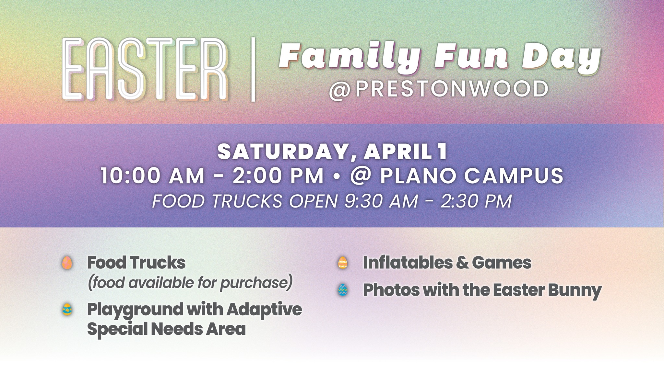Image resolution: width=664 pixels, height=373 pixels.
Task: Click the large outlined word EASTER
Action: (145, 69)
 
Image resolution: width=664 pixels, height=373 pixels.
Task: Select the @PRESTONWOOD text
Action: (439, 89)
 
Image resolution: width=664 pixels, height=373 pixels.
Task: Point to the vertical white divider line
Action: (253, 69)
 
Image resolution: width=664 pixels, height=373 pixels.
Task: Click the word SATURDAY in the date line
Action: (287, 152)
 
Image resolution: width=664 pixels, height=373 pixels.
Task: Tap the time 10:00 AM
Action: (153, 176)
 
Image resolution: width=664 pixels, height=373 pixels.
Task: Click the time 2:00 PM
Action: (278, 176)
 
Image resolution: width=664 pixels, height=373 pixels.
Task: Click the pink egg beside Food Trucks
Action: (67, 263)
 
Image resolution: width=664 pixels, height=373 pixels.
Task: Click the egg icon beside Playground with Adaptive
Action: (67, 310)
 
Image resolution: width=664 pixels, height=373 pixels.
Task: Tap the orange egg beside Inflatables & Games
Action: (342, 263)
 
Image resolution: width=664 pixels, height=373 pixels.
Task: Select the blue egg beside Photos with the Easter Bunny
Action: (342, 290)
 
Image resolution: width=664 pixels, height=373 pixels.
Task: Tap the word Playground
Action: (135, 310)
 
